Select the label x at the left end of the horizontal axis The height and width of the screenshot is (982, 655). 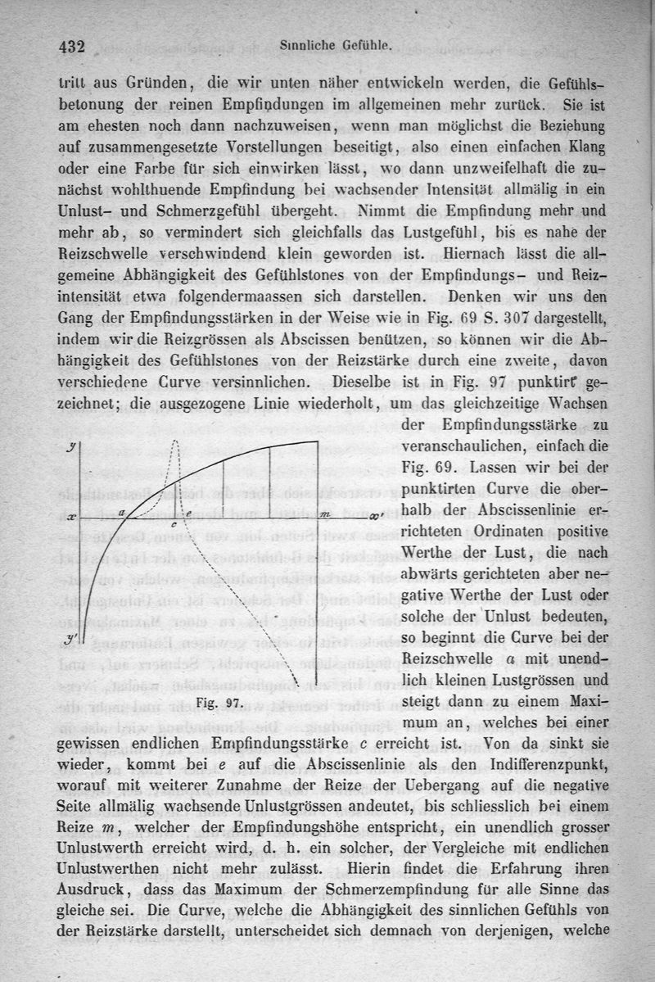click(x=71, y=518)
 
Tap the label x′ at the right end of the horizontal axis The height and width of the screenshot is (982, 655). click(x=375, y=517)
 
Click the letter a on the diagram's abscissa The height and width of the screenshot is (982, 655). click(x=122, y=511)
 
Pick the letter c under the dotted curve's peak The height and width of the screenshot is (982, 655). click(x=173, y=524)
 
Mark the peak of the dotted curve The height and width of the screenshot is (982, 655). click(x=175, y=443)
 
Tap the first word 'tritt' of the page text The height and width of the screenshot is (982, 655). click(x=75, y=82)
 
